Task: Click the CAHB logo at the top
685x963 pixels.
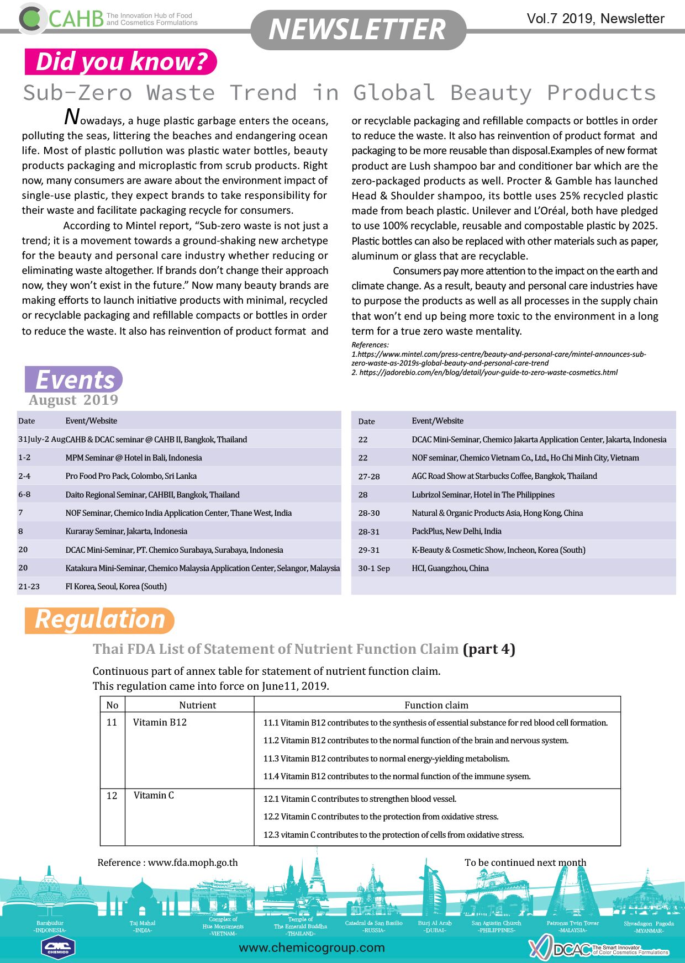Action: pyautogui.click(x=61, y=18)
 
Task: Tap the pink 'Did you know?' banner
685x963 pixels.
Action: pyautogui.click(x=121, y=61)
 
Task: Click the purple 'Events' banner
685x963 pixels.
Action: pyautogui.click(x=74, y=379)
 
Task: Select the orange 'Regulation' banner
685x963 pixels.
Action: pyautogui.click(x=99, y=620)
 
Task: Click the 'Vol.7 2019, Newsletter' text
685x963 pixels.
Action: pyautogui.click(x=595, y=19)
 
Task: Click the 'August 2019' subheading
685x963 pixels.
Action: pyautogui.click(x=73, y=400)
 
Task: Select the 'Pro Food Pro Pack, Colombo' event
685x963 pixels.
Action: pyautogui.click(x=131, y=476)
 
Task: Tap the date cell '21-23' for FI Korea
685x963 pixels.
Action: pyautogui.click(x=29, y=586)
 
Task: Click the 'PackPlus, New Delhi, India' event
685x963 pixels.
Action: pyautogui.click(x=456, y=531)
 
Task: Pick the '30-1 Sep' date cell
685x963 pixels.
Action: pyautogui.click(x=374, y=568)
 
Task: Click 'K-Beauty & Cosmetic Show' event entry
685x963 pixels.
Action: pyautogui.click(x=498, y=550)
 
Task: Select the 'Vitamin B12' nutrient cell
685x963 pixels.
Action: pyautogui.click(x=160, y=722)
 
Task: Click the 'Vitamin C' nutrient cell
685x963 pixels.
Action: pyautogui.click(x=154, y=795)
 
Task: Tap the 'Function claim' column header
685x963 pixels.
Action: pyautogui.click(x=436, y=705)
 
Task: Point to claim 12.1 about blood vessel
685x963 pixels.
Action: pyautogui.click(x=360, y=799)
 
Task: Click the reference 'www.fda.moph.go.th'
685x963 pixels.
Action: pyautogui.click(x=193, y=863)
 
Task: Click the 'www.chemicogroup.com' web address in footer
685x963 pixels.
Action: pyautogui.click(x=312, y=948)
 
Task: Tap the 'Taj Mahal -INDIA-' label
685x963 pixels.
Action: pyautogui.click(x=143, y=926)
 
